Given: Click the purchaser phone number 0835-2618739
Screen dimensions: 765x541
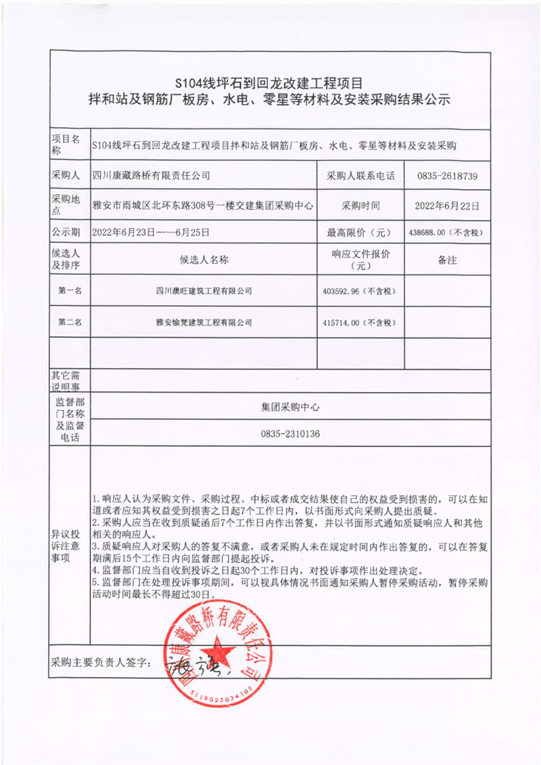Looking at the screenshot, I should point(448,176).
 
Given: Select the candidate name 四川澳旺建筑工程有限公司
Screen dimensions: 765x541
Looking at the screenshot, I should point(204,291).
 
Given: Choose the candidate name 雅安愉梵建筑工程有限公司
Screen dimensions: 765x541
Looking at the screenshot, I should point(204,322).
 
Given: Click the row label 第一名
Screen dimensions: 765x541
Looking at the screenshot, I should point(70,291).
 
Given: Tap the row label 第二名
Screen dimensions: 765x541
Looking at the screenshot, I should point(70,322).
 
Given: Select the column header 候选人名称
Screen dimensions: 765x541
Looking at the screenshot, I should point(204,260).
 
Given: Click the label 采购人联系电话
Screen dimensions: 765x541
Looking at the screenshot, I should point(360,176).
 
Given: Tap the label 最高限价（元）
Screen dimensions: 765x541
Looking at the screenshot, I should point(360,232).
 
